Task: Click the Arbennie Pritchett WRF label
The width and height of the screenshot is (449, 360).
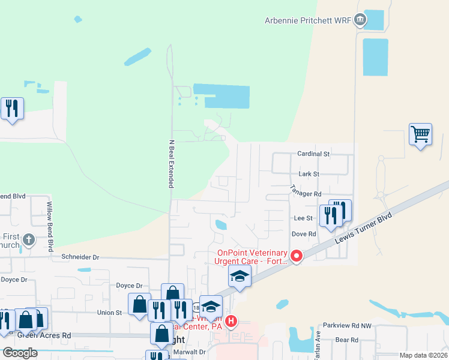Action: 307,20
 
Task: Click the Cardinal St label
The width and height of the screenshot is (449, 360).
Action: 314,154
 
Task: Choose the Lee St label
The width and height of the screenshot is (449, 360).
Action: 303,218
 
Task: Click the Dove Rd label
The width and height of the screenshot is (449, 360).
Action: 304,234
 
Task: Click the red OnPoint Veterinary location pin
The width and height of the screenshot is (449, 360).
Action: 296,256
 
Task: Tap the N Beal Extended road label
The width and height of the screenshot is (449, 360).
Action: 170,164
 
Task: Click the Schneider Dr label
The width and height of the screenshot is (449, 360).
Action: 79,257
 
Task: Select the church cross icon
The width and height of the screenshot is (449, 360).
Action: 28,241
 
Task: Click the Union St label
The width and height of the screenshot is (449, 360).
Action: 109,313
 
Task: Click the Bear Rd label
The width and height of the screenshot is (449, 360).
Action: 347,340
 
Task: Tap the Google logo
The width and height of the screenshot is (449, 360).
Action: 20,353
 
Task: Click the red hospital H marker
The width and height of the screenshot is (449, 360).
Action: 231,321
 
